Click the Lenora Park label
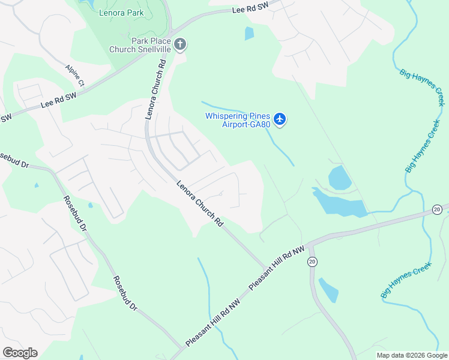tap(123, 12)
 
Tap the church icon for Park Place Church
tap(179, 44)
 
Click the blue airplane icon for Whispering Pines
tap(280, 119)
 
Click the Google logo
tap(20, 353)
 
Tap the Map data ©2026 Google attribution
tap(412, 355)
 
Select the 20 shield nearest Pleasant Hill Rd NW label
tap(312, 262)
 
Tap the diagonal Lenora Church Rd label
tap(200, 203)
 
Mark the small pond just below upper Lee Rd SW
tap(249, 34)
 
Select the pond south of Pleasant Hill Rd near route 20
tap(329, 290)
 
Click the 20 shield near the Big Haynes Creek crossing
tap(437, 209)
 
